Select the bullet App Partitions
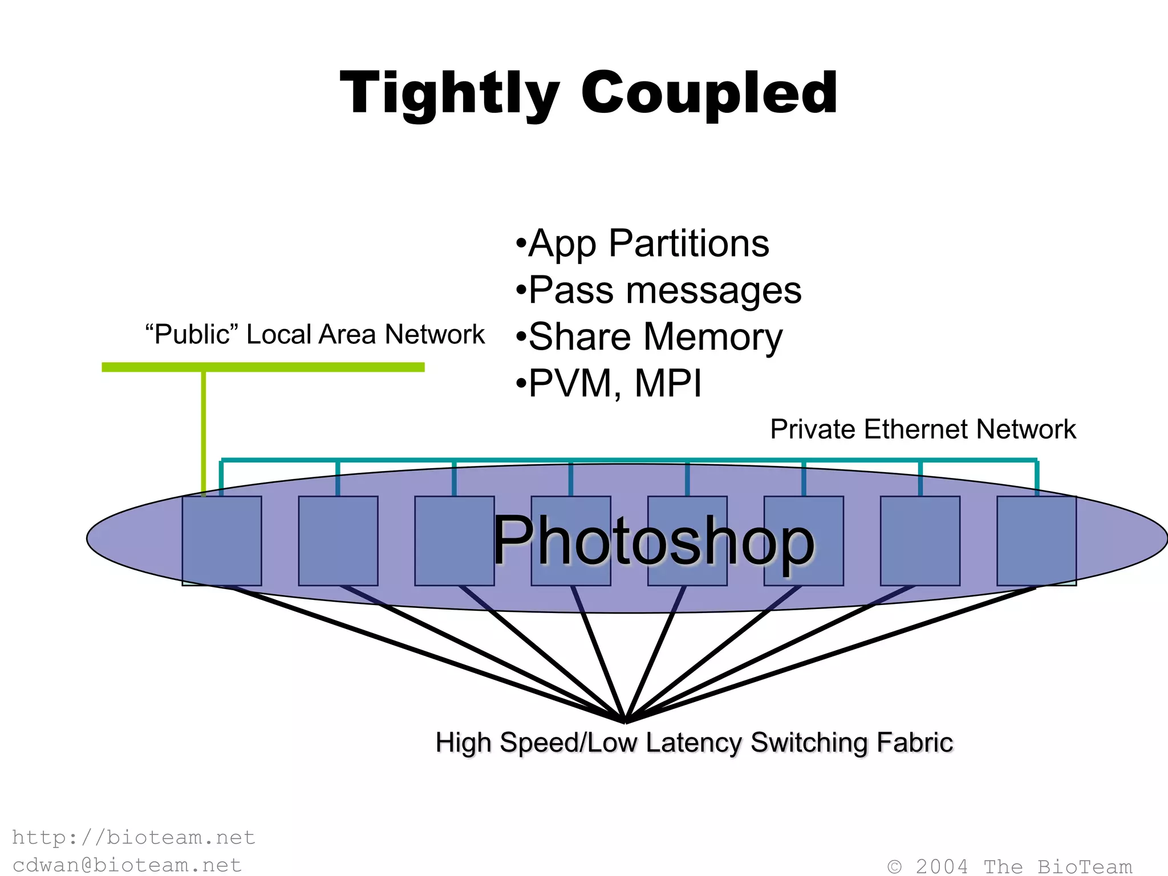pyautogui.click(x=642, y=244)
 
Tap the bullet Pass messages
pyautogui.click(x=659, y=290)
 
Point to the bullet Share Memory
pyautogui.click(x=649, y=337)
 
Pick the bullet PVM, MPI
pyautogui.click(x=609, y=383)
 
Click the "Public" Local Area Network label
pyautogui.click(x=314, y=335)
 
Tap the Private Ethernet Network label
pyautogui.click(x=923, y=429)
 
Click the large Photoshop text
pyautogui.click(x=654, y=541)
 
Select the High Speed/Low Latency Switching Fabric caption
pyautogui.click(x=694, y=743)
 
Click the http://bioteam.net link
pyautogui.click(x=133, y=837)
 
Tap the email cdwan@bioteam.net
pyautogui.click(x=127, y=865)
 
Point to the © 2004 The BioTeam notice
pyautogui.click(x=1009, y=866)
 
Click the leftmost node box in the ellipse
pyautogui.click(x=222, y=541)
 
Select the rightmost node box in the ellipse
pyautogui.click(x=1036, y=541)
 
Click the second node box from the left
pyautogui.click(x=338, y=541)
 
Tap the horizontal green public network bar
pyautogui.click(x=263, y=367)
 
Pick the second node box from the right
pyautogui.click(x=920, y=541)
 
